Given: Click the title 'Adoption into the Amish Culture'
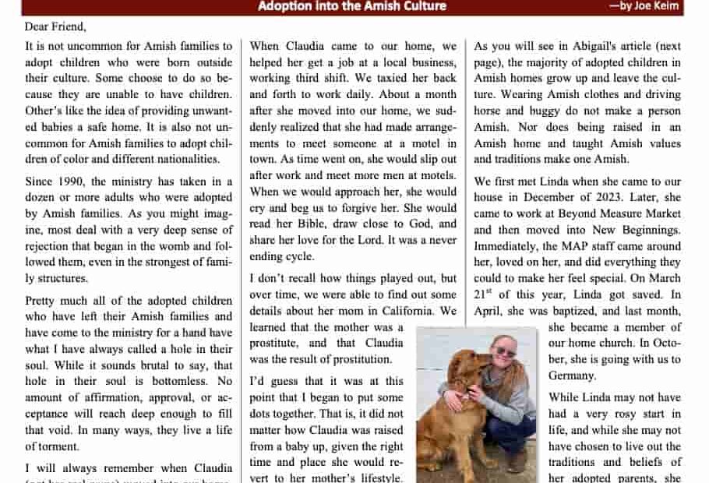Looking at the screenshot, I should pyautogui.click(x=352, y=6).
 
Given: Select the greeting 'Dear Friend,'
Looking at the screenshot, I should pyautogui.click(x=55, y=26).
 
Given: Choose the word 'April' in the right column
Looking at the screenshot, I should pyautogui.click(x=489, y=310).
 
